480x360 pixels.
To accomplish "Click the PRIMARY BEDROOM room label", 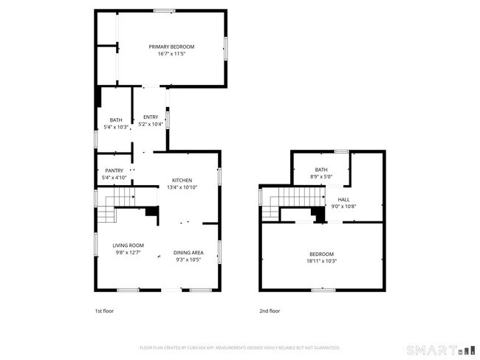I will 171,46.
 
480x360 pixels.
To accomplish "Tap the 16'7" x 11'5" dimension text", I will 171,54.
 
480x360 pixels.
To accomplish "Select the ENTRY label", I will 150,117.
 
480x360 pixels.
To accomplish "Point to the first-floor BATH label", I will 116,120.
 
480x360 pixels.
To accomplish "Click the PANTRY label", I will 114,170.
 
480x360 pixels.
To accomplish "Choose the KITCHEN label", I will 182,180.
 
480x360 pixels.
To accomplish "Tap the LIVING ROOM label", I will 128,246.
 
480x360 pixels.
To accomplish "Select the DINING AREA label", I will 188,252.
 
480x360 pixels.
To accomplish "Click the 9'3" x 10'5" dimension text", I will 188,260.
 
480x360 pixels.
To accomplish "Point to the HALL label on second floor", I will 343,199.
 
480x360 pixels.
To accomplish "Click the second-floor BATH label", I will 320,170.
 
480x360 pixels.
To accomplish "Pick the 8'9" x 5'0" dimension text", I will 320,176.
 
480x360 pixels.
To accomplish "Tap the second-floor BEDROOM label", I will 321,254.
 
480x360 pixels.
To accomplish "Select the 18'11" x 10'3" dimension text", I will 321,261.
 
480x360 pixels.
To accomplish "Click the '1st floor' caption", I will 105,311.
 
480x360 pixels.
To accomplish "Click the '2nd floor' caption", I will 270,311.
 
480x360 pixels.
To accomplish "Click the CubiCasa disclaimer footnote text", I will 239,347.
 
